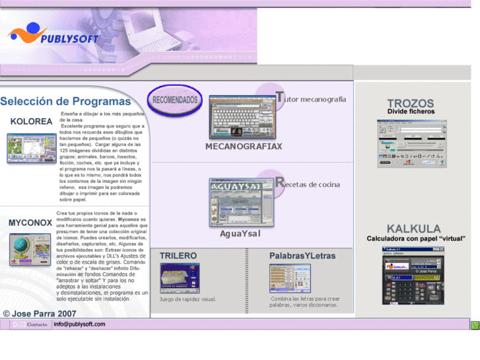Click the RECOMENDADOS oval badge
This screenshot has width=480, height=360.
tap(174, 100)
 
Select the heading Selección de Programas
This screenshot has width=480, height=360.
tap(65, 101)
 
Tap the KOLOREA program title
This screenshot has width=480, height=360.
tap(31, 122)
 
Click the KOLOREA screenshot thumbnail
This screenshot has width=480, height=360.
tap(32, 148)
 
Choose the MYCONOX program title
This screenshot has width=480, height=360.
tap(30, 223)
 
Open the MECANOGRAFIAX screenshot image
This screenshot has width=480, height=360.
tap(242, 117)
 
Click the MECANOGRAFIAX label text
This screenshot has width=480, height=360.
tap(244, 146)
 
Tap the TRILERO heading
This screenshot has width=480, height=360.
tap(178, 255)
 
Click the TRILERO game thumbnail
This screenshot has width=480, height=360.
tap(179, 277)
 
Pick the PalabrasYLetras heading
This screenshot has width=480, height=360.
tap(302, 256)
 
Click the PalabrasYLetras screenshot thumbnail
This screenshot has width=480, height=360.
tap(289, 278)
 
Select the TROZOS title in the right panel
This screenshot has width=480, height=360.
tap(411, 103)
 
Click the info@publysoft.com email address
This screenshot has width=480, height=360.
tap(79, 324)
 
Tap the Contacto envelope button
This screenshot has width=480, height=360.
tap(30, 324)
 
